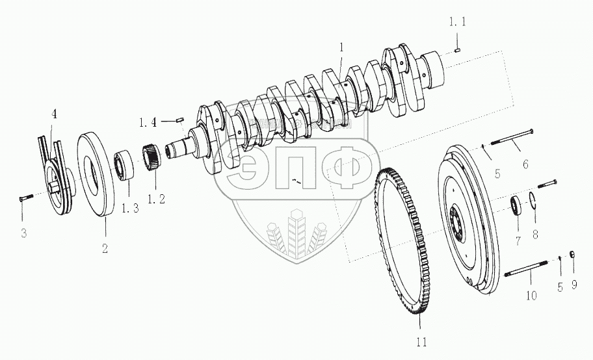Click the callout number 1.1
click(458, 22)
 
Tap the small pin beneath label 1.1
click(458, 47)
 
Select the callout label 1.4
click(147, 121)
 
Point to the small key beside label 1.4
click(181, 119)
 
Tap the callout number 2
click(104, 248)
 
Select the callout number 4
click(55, 114)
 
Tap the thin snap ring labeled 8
click(532, 199)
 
